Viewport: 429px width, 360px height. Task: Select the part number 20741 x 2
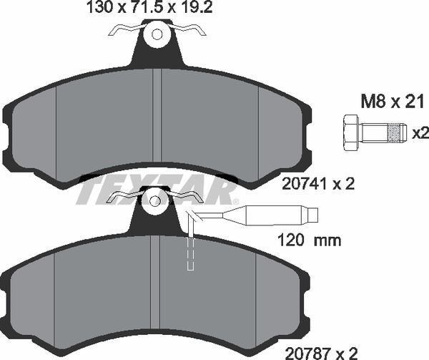[x=320, y=184]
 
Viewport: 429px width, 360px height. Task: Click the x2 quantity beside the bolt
[x=420, y=132]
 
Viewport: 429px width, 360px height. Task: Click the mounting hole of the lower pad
[x=154, y=200]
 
